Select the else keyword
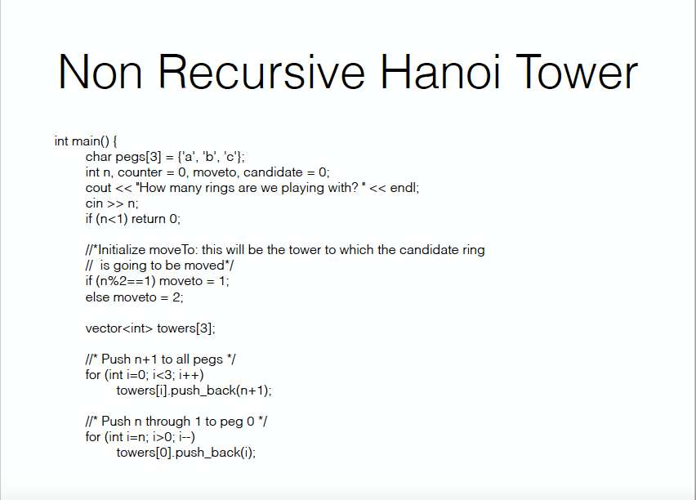point(97,297)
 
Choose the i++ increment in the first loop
point(192,375)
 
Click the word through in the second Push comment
point(164,422)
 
